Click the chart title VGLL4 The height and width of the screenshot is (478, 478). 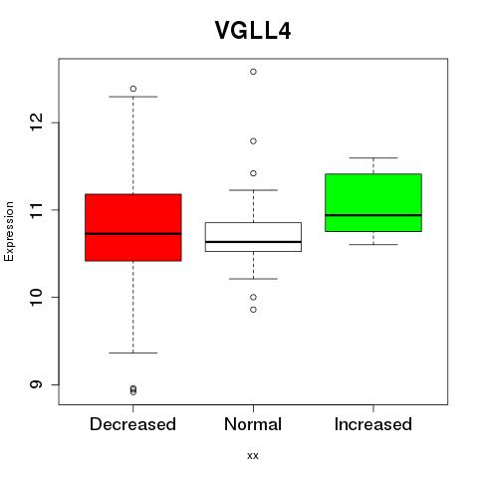[x=253, y=31]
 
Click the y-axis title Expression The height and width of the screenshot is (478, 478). [x=9, y=231]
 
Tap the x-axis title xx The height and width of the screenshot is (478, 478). [x=253, y=456]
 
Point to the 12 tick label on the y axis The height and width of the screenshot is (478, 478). [x=36, y=122]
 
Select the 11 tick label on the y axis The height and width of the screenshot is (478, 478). [x=36, y=209]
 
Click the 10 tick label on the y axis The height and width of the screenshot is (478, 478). [x=36, y=297]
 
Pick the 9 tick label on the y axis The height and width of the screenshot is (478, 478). [x=36, y=384]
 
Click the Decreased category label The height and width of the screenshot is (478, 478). [x=132, y=424]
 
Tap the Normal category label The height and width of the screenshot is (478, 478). [x=253, y=424]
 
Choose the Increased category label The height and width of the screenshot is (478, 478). [x=373, y=424]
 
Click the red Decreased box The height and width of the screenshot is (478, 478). [x=133, y=227]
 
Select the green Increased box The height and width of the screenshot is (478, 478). [x=373, y=202]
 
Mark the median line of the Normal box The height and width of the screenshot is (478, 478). [x=253, y=242]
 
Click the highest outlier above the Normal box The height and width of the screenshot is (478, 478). [x=253, y=72]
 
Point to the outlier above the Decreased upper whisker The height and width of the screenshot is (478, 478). [x=133, y=89]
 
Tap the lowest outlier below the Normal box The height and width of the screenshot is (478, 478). [x=253, y=310]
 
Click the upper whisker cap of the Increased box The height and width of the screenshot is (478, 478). [x=373, y=157]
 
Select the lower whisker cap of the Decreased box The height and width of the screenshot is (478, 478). [x=133, y=353]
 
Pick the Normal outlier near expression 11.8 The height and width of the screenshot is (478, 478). [x=253, y=141]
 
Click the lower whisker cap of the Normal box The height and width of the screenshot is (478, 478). [x=253, y=279]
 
